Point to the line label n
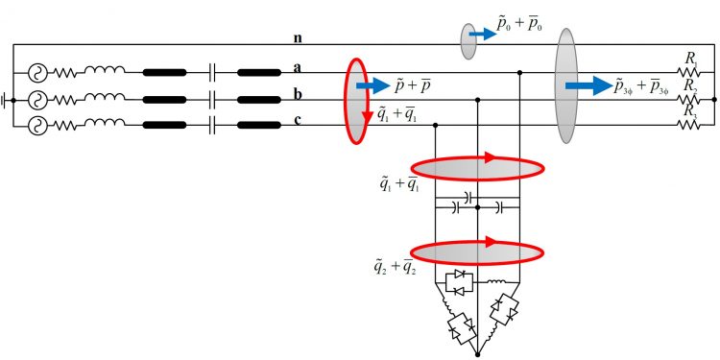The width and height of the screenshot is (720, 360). click(x=299, y=38)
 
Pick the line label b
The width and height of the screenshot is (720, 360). click(x=299, y=94)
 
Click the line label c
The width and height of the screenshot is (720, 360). click(x=299, y=119)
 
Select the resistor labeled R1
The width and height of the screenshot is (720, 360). click(x=690, y=72)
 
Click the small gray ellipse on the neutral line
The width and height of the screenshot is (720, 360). click(x=468, y=41)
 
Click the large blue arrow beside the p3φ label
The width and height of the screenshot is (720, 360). click(x=588, y=85)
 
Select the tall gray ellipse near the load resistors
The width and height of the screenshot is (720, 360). click(x=565, y=86)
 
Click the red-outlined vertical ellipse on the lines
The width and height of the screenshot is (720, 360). click(x=356, y=101)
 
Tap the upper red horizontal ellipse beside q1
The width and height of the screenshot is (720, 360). click(x=477, y=167)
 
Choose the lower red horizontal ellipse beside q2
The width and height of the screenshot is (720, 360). click(x=477, y=252)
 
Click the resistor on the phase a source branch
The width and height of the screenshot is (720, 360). click(x=68, y=72)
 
